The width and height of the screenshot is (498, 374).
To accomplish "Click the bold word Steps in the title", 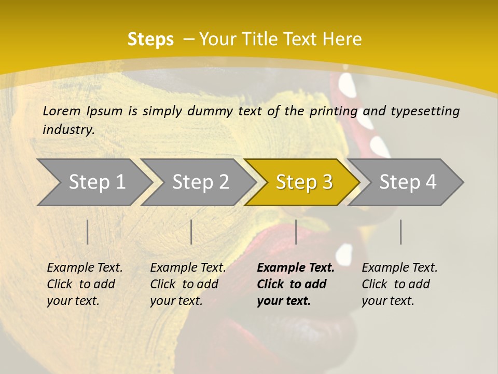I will (x=150, y=39).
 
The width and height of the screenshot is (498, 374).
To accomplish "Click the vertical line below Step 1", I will (x=88, y=232).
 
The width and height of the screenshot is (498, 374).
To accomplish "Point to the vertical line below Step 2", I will (x=191, y=232).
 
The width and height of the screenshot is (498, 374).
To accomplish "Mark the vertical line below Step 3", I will (x=296, y=232).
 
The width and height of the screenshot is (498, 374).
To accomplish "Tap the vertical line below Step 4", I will (x=400, y=232).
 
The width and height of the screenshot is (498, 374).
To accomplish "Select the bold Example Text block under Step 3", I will (x=295, y=284).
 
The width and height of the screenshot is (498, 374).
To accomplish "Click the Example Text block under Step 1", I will (x=85, y=284).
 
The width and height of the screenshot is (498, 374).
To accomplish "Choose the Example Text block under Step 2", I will (x=188, y=284).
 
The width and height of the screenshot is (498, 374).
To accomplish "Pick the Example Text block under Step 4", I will (x=399, y=284).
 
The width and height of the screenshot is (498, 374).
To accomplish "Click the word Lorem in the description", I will (x=62, y=111).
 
